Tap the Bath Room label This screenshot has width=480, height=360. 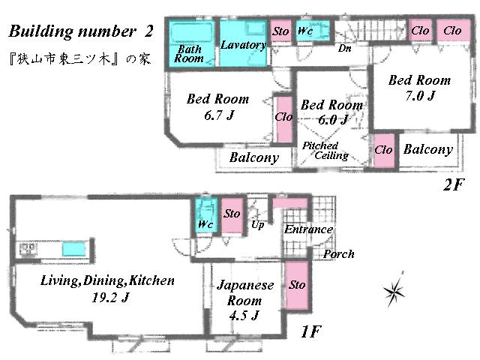[189, 53]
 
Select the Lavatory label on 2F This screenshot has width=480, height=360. [243, 45]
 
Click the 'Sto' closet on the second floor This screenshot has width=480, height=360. [280, 31]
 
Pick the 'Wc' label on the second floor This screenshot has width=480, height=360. [305, 31]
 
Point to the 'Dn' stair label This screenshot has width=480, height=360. [345, 49]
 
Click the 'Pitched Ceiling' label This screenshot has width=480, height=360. [324, 151]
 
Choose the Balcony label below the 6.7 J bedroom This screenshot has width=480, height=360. [253, 158]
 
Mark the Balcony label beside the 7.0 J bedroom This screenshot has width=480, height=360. [427, 149]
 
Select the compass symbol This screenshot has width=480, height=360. [395, 291]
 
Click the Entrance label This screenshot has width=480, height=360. [307, 229]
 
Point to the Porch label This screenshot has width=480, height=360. [338, 254]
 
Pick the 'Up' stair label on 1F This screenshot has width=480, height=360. [257, 224]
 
